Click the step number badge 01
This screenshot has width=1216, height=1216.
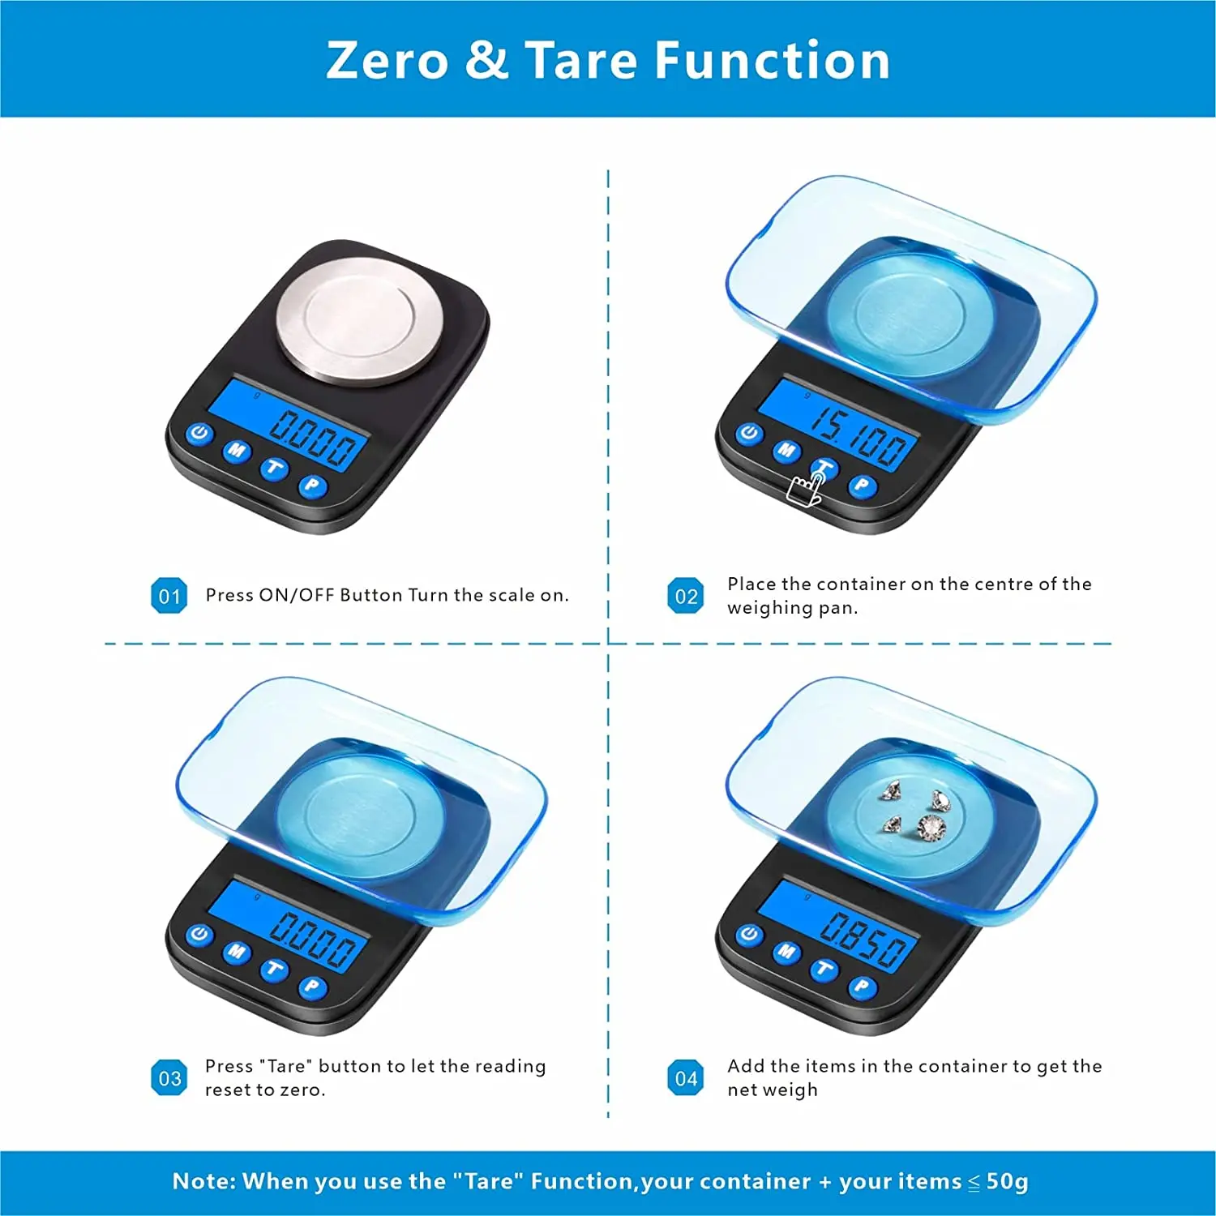169,596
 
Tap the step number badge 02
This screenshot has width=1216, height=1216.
685,596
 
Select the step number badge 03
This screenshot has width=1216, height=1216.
169,1078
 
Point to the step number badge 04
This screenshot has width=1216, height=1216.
685,1078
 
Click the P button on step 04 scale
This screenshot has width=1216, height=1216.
862,987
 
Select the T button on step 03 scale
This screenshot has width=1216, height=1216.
274,970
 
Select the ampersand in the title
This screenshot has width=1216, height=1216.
486,61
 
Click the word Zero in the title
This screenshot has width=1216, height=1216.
387,61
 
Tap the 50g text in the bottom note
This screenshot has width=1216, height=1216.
1007,1181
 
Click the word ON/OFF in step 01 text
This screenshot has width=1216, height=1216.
296,595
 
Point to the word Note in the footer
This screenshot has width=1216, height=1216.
203,1181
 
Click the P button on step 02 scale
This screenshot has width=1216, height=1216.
862,486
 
